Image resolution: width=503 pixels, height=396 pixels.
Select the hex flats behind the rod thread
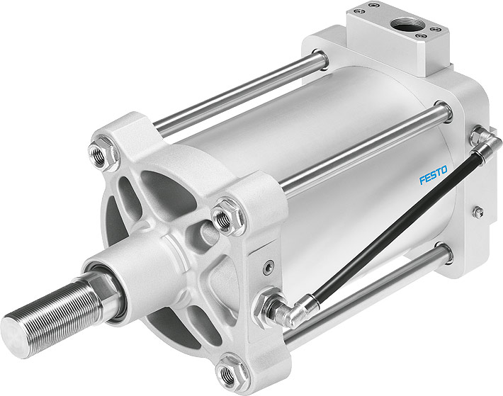click(95, 279)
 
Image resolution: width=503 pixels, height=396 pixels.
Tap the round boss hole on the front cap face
click(206, 229)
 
